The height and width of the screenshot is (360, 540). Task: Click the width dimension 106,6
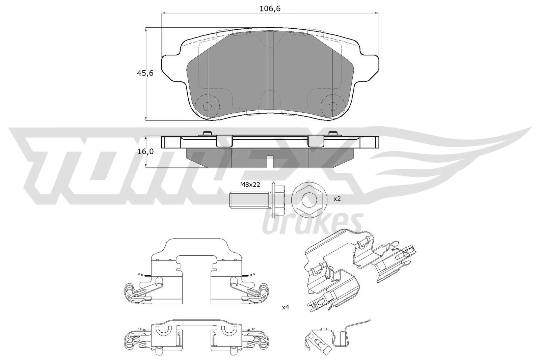click(x=270, y=9)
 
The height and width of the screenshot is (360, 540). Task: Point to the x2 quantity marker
click(x=337, y=199)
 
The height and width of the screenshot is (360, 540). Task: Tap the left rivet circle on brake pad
click(x=207, y=106)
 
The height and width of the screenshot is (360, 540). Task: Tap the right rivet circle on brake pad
click(x=332, y=106)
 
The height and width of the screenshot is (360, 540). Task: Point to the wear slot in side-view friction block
click(x=270, y=161)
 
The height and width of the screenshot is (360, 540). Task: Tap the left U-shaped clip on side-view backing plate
click(x=224, y=142)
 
